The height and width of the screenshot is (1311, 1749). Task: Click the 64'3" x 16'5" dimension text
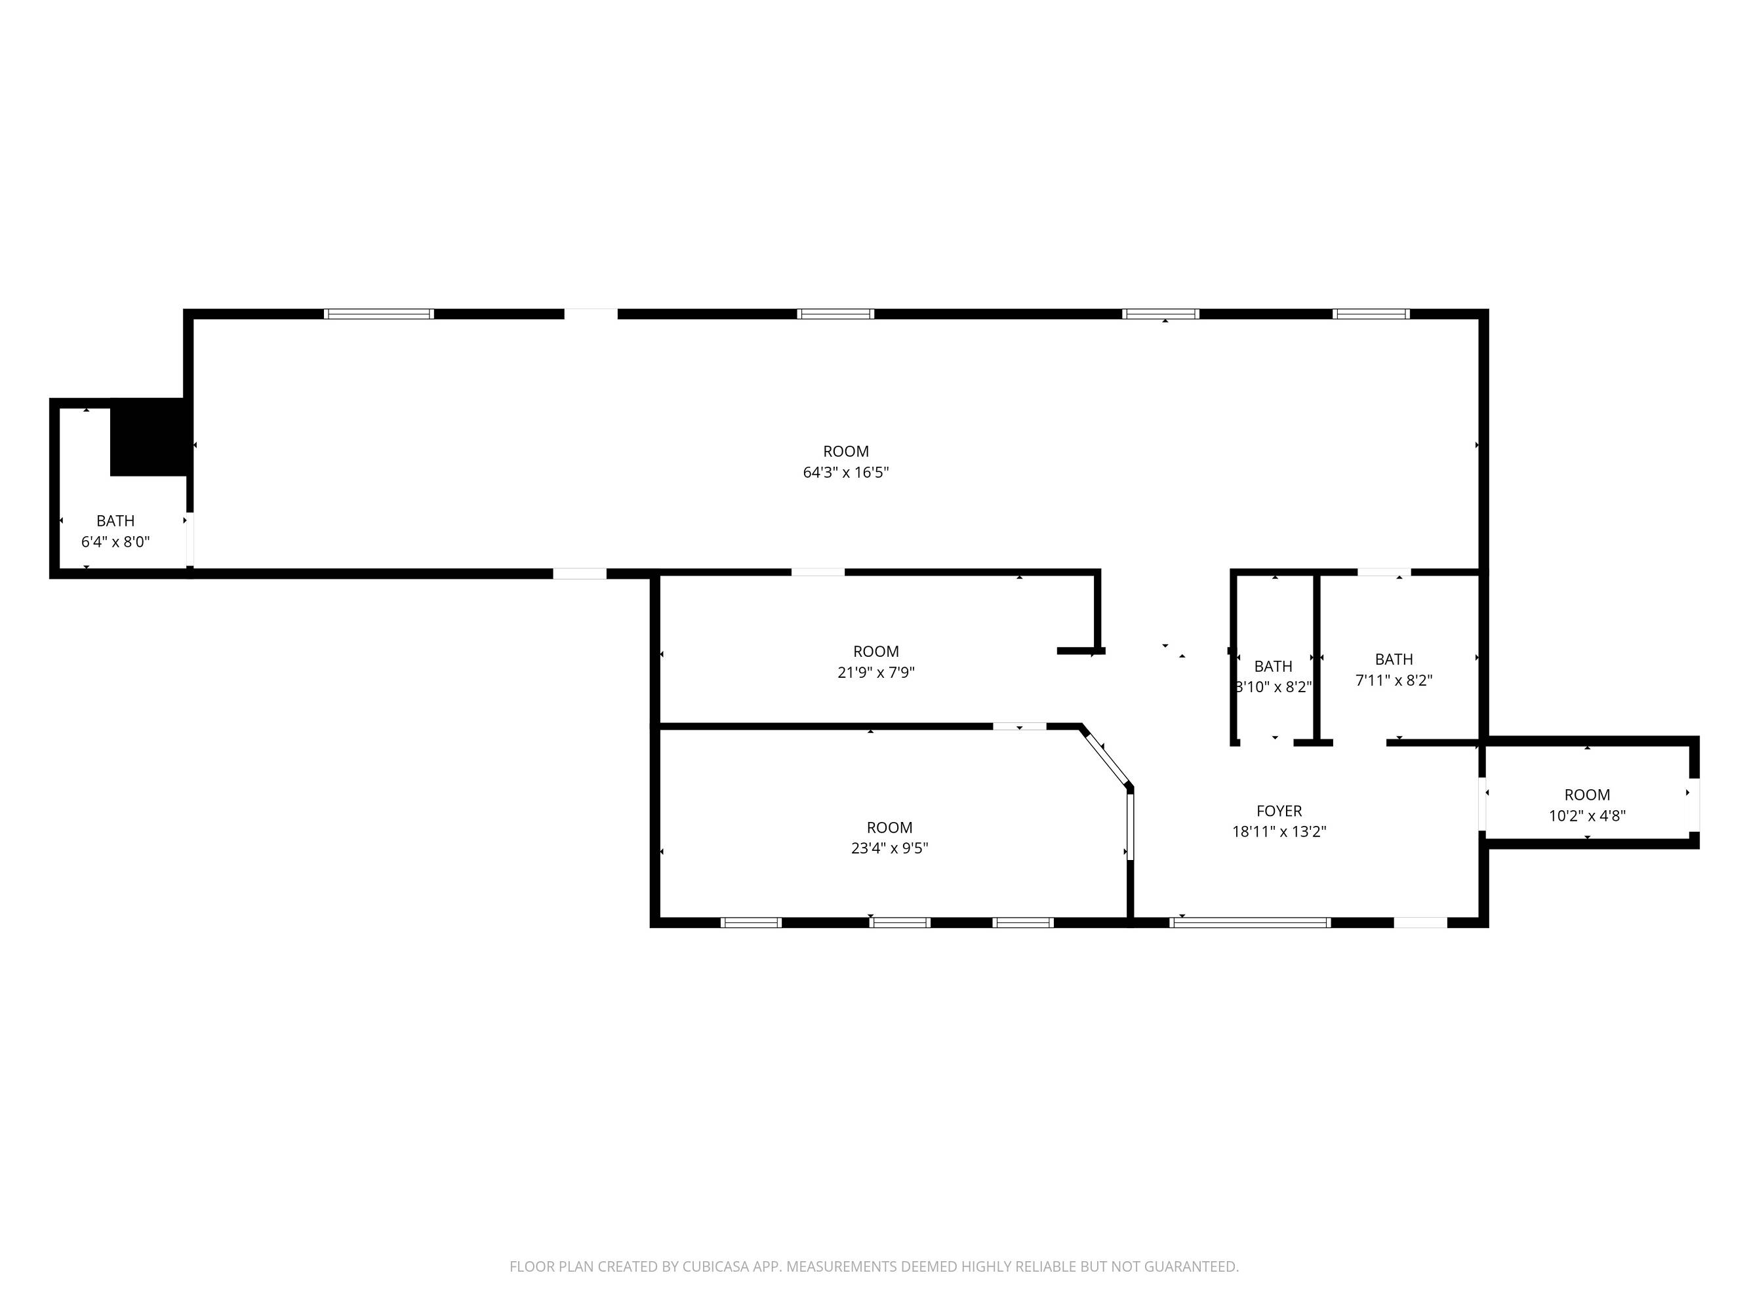click(x=846, y=473)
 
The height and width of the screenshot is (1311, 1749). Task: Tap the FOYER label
click(x=1279, y=811)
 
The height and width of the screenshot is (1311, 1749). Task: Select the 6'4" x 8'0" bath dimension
click(x=115, y=542)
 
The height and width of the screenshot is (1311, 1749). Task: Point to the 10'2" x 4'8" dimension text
click(x=1587, y=815)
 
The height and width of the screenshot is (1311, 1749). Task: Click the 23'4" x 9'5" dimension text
click(x=889, y=848)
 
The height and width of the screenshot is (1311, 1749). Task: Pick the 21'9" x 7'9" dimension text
click(x=876, y=673)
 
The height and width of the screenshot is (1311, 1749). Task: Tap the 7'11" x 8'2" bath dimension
click(x=1394, y=680)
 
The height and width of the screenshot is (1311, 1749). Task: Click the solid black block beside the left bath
click(x=149, y=437)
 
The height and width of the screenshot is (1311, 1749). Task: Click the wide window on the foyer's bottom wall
click(x=1250, y=922)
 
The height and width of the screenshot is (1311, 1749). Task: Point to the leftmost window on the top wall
click(x=379, y=314)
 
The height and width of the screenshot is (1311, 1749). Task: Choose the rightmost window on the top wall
click(x=1371, y=314)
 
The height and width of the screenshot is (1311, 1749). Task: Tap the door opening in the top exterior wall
click(x=591, y=314)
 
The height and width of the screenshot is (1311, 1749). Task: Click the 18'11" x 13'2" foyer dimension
click(x=1279, y=831)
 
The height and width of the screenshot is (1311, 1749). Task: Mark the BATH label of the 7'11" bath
click(x=1394, y=659)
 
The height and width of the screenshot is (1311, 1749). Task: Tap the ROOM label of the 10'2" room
click(x=1587, y=795)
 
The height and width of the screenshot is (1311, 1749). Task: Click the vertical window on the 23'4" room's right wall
click(x=1130, y=826)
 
